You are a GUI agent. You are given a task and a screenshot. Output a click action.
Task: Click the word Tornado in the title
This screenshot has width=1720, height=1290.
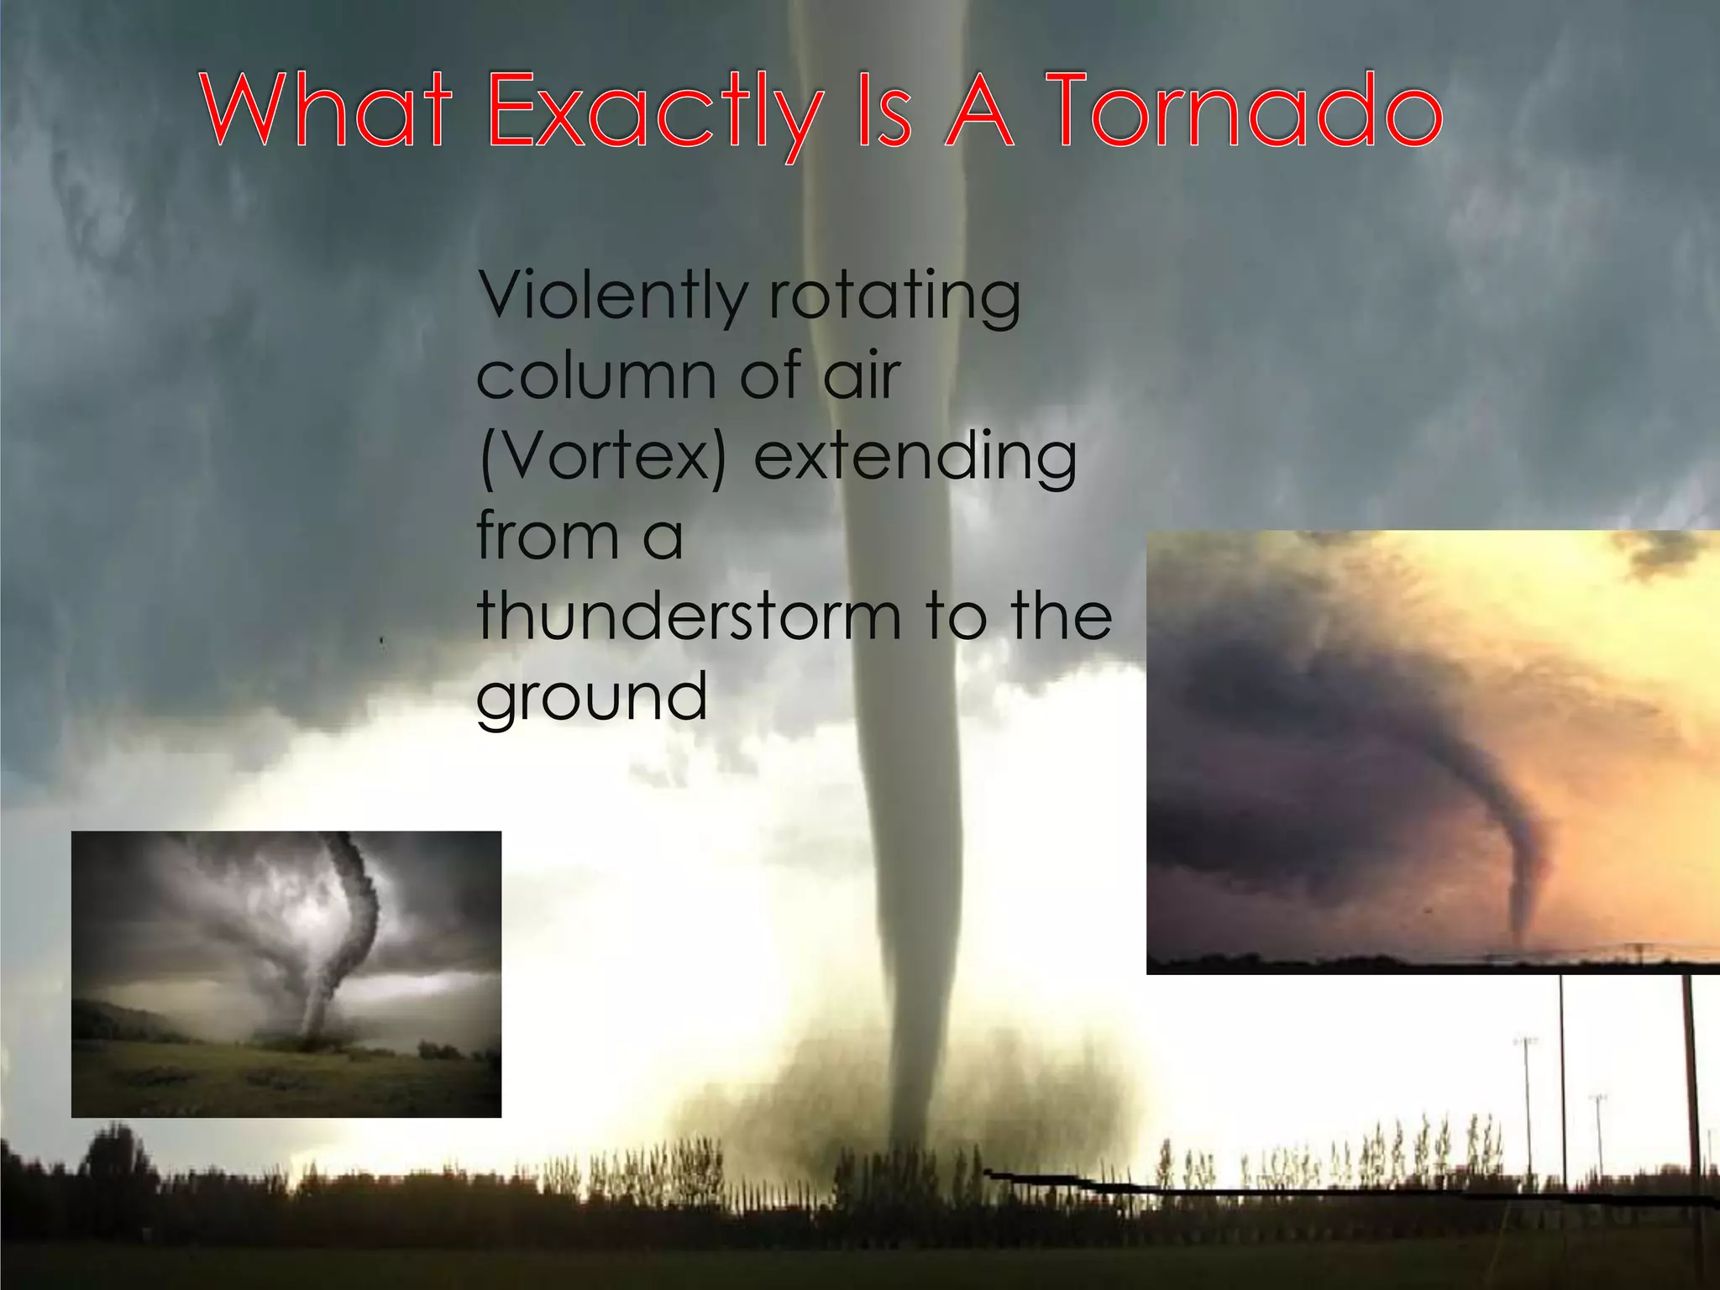[x=1247, y=112]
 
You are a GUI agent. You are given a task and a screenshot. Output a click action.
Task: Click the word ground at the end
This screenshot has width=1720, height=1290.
[x=592, y=697]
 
